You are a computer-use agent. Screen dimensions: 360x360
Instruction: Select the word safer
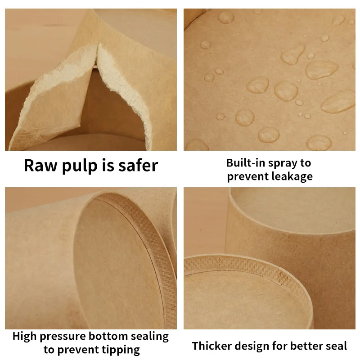click(135, 165)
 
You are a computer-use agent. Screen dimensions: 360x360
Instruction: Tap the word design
click(251, 346)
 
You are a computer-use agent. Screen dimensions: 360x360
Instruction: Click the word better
click(306, 346)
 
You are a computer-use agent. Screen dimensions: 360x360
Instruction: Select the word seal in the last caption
click(336, 346)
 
